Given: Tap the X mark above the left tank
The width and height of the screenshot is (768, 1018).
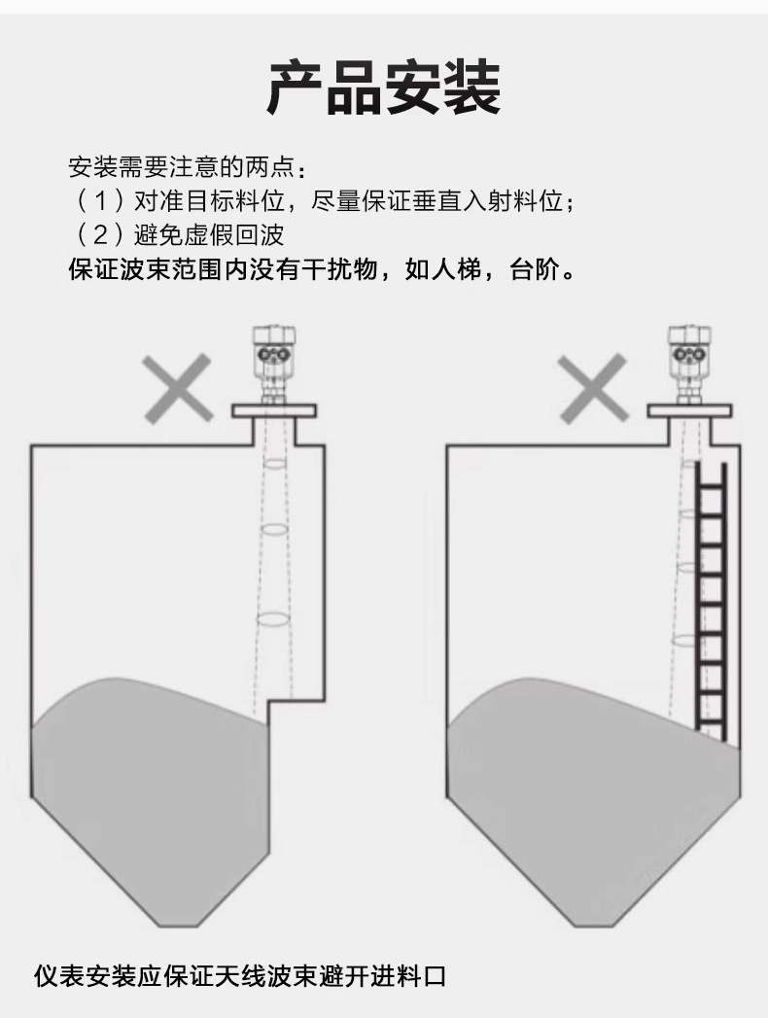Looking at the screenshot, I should (178, 389).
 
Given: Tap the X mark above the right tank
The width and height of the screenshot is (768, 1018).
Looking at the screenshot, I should (592, 389).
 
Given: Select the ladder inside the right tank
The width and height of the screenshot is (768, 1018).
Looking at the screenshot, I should (712, 598).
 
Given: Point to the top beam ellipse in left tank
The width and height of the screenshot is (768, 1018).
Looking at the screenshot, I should (276, 464).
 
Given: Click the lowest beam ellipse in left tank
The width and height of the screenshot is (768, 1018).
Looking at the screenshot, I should (274, 617).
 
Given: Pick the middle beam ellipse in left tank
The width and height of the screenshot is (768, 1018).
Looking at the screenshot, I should (275, 530).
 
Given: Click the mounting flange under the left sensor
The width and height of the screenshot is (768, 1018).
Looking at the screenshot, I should (275, 411).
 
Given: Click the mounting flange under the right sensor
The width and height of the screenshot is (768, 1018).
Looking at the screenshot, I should (690, 411).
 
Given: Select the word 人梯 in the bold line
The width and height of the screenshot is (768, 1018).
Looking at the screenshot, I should (456, 269).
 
